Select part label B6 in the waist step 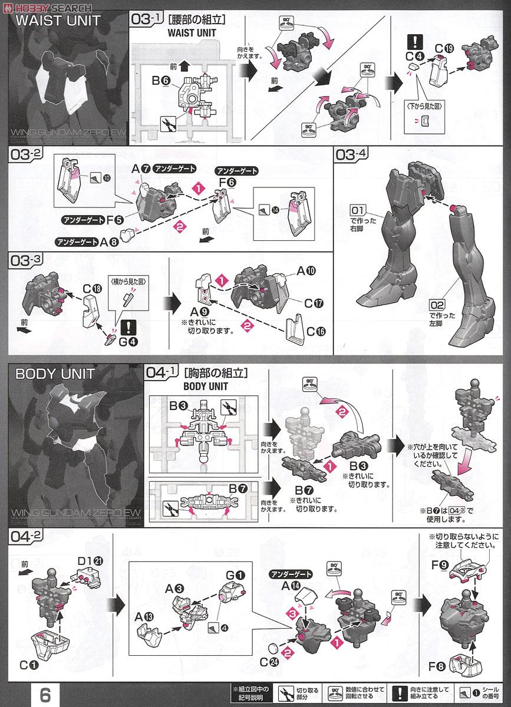coord(161,81)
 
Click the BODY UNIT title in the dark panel coord(47,374)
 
